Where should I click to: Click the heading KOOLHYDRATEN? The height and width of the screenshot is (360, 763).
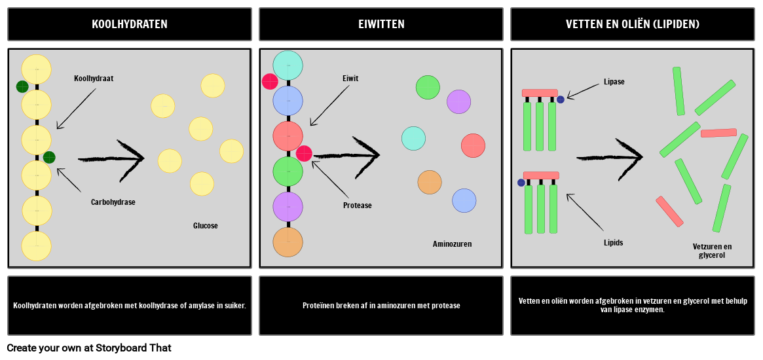[130, 24]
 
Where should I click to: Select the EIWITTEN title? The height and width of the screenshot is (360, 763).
[381, 24]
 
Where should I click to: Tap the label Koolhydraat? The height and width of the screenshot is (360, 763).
[94, 79]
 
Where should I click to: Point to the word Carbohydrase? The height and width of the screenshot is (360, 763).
[113, 202]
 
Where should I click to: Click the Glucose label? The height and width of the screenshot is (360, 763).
[206, 226]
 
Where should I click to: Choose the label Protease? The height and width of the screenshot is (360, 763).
[357, 206]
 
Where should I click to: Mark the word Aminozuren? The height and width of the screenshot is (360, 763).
[452, 244]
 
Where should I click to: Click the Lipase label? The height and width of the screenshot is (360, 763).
[614, 82]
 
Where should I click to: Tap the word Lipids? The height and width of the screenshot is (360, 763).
[613, 242]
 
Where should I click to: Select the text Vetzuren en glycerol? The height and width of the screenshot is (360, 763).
[712, 251]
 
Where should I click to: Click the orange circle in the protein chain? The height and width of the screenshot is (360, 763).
[288, 242]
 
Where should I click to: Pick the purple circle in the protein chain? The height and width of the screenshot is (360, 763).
[288, 207]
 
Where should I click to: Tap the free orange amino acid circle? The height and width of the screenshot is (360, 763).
[430, 183]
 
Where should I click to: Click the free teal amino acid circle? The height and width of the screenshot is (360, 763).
[414, 138]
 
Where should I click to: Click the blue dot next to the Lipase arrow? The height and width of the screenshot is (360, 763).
[561, 99]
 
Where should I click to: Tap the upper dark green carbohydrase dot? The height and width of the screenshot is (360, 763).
[22, 86]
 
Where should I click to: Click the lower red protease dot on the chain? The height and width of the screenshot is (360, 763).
[304, 153]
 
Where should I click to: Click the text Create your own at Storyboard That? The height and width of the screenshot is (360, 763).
[89, 348]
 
